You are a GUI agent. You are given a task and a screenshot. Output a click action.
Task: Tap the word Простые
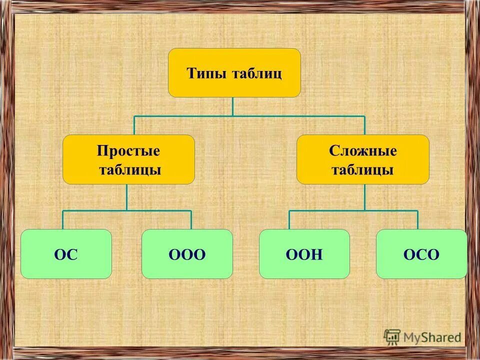128,150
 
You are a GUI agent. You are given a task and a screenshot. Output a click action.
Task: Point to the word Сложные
363,150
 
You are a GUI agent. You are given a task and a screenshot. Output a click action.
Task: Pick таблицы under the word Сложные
363,169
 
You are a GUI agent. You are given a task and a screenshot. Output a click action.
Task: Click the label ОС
66,254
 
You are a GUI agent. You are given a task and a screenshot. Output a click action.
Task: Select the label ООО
187,254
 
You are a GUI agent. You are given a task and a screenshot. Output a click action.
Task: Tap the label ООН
304,254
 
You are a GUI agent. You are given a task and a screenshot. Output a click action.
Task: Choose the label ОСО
421,254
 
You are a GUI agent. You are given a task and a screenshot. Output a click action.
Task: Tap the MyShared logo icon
392,337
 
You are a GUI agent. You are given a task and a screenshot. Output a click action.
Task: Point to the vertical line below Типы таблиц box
232,106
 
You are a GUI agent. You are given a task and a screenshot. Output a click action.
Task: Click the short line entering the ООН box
289,220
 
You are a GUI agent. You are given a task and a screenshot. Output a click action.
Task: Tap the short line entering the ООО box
191,220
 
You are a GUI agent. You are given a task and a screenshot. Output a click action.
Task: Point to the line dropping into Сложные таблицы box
364,125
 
